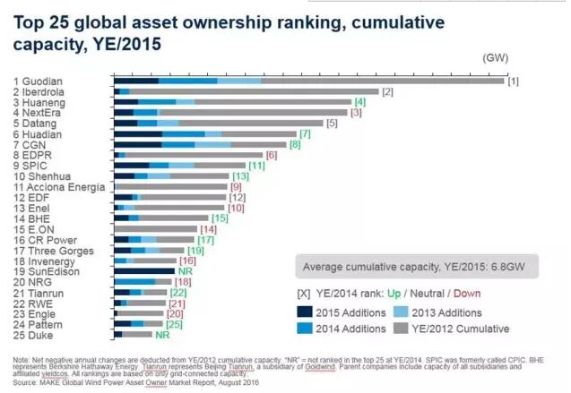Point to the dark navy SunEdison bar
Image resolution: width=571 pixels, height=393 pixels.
pyautogui.click(x=144, y=269)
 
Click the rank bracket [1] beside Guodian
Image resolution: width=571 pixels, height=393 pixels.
pyautogui.click(x=514, y=81)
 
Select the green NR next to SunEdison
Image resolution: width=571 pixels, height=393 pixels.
pyautogui.click(x=186, y=269)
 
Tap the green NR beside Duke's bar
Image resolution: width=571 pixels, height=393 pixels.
pyautogui.click(x=163, y=334)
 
